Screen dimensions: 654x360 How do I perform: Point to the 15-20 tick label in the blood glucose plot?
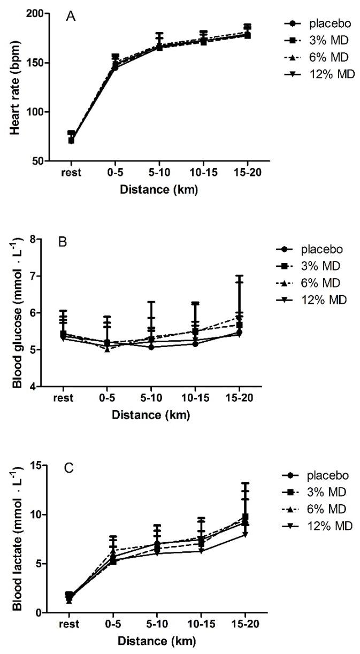coord(239,398)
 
